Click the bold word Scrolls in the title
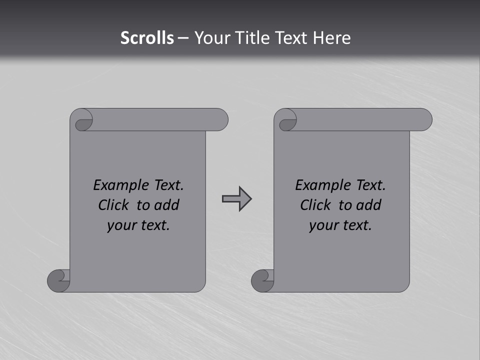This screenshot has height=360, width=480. pos(147,38)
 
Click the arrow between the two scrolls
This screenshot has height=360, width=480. pos(236,199)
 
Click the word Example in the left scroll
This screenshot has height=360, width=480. pos(116,185)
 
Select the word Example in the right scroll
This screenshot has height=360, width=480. pos(318,185)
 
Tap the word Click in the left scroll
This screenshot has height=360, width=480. pos(113,205)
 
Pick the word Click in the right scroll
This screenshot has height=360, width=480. pos(315,205)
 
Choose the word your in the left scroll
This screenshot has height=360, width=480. pos(120,225)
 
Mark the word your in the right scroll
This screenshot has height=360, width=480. pos(322,225)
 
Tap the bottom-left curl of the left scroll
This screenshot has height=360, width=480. pos(59,280)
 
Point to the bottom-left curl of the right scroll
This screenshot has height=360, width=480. pos(263,280)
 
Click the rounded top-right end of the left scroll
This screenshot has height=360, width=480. pos(220,119)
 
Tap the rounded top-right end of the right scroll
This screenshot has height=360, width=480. pos(424,119)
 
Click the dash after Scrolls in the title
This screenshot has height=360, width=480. pos(183,38)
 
